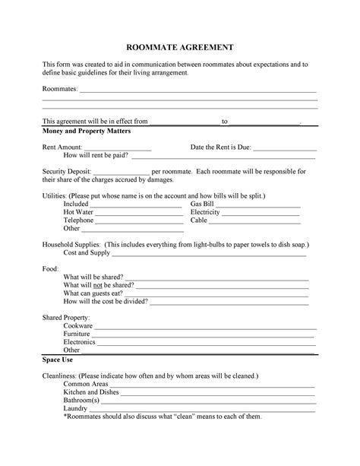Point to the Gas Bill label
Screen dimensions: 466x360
[x=202, y=204]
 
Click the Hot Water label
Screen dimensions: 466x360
[x=79, y=212]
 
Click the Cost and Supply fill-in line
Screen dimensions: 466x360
[x=210, y=255]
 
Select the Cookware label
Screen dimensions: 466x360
[x=77, y=325]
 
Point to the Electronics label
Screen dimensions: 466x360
[x=79, y=342]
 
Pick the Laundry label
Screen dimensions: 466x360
[x=75, y=408]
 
